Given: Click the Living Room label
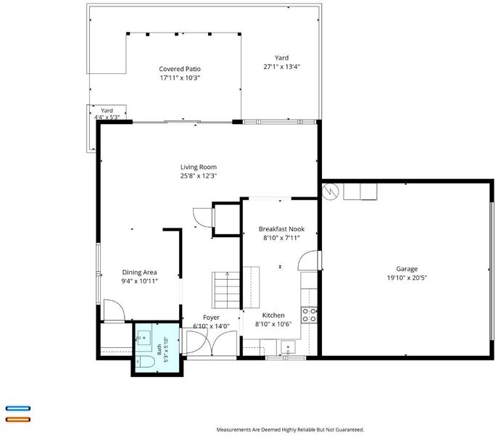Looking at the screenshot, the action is pyautogui.click(x=199, y=167).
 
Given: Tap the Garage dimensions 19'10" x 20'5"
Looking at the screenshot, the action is pyautogui.click(x=407, y=278).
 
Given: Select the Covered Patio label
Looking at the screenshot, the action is pyautogui.click(x=180, y=69).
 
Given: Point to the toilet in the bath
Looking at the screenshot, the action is pyautogui.click(x=145, y=361).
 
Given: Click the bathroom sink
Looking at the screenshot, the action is pyautogui.click(x=144, y=338).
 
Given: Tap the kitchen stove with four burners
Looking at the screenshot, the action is pyautogui.click(x=309, y=315).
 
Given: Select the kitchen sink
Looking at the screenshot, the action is pyautogui.click(x=288, y=347).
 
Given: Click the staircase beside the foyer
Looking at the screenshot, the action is pyautogui.click(x=226, y=290).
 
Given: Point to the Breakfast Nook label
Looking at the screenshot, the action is pyautogui.click(x=281, y=229).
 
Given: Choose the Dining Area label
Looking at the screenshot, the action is pyautogui.click(x=139, y=273).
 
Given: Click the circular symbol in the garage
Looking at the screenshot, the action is pyautogui.click(x=330, y=191).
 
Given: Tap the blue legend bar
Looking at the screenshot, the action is pyautogui.click(x=18, y=408).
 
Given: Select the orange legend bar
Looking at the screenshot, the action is pyautogui.click(x=18, y=420).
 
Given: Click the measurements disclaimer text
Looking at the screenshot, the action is pyautogui.click(x=290, y=430).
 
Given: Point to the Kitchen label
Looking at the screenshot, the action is pyautogui.click(x=273, y=315).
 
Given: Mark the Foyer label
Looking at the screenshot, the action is pyautogui.click(x=211, y=318).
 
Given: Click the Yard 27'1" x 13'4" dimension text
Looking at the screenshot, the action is pyautogui.click(x=281, y=67).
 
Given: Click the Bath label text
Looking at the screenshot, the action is pyautogui.click(x=160, y=349).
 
